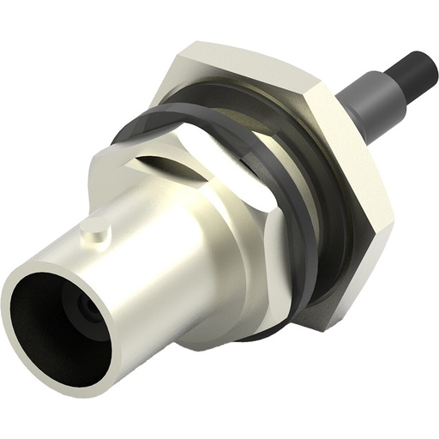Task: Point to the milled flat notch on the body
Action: pos(163,159)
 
